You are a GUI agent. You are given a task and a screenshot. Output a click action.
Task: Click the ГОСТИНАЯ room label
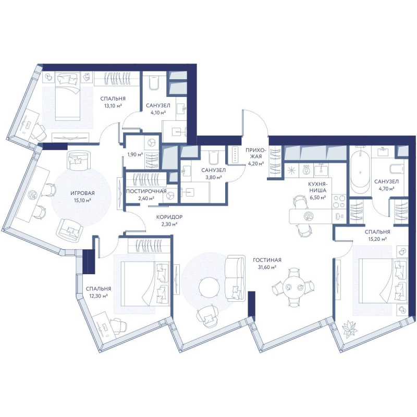267,260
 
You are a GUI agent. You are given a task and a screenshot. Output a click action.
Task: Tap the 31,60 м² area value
267,267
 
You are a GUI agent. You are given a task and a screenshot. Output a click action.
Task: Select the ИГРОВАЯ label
82,193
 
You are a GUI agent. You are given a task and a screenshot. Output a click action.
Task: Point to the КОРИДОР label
169,217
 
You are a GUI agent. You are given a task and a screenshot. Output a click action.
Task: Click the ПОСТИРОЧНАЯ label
146,191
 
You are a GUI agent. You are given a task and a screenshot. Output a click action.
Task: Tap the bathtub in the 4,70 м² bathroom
360,174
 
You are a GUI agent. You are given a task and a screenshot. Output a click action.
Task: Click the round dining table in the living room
293,287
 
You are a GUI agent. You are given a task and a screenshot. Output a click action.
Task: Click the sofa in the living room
235,278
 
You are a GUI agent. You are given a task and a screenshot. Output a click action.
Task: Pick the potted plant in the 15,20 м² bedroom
349,330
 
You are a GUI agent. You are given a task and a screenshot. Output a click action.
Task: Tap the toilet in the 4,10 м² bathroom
154,82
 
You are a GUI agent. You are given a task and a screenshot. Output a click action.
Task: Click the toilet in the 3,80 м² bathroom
214,158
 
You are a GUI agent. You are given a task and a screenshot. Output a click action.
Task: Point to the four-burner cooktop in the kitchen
339,201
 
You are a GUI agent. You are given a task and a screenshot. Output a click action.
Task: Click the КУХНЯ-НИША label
317,187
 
